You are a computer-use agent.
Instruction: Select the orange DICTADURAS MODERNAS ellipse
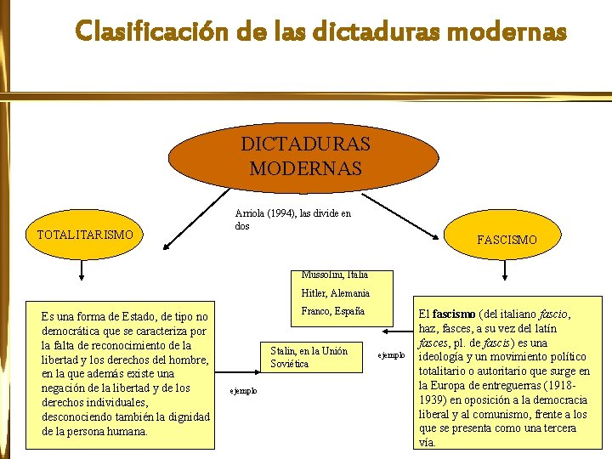click(x=305, y=155)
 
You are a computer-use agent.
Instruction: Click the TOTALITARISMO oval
click(x=85, y=235)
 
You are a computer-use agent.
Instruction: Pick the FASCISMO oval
click(x=507, y=240)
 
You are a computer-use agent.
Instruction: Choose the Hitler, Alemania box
click(x=334, y=293)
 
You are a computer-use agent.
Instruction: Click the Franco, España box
click(x=333, y=311)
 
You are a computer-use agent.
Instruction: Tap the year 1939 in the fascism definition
click(x=433, y=399)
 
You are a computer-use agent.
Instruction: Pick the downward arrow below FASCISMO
click(x=506, y=272)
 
